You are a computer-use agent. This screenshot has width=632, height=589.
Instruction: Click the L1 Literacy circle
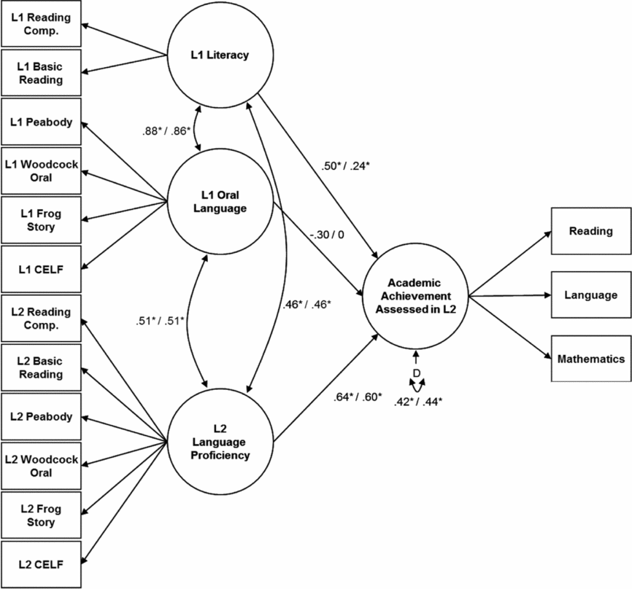(x=220, y=55)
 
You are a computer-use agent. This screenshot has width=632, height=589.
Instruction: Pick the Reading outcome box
(x=590, y=231)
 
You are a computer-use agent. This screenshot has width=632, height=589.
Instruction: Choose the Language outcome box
(x=590, y=295)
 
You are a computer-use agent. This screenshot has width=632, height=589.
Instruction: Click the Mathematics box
(x=590, y=359)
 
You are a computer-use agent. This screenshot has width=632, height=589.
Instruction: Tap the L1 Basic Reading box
(x=41, y=72)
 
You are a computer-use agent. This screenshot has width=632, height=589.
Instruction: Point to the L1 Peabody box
(x=41, y=122)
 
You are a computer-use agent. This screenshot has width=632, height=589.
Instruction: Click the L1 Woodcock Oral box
(x=41, y=171)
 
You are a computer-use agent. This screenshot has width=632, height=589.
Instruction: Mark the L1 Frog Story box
(x=41, y=220)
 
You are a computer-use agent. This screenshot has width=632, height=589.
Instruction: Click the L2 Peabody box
(x=41, y=416)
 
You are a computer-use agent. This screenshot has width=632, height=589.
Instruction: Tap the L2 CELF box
(x=41, y=563)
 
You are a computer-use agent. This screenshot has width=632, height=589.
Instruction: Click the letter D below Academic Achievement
(x=416, y=373)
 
